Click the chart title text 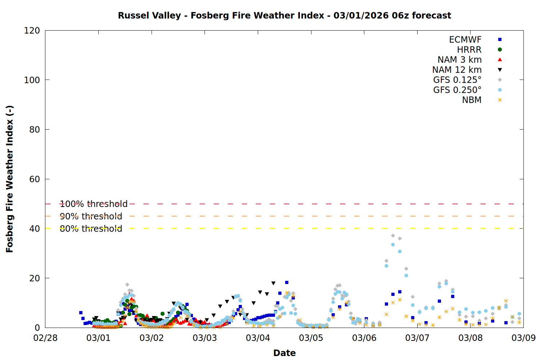(x=284, y=15)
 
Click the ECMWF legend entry (x=465, y=40)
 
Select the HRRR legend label (x=469, y=50)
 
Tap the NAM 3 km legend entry (x=459, y=60)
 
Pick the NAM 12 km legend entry (x=457, y=70)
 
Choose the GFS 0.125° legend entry (x=457, y=80)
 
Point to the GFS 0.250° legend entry (x=457, y=90)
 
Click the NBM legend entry (x=472, y=100)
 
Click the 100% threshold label (x=94, y=204)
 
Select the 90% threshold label (x=91, y=216)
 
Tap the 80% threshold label (x=91, y=229)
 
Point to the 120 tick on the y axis (x=32, y=31)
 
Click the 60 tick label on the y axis (x=35, y=179)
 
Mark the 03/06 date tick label (x=364, y=338)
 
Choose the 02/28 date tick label (x=45, y=338)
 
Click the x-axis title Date (x=284, y=353)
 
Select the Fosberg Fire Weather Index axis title (x=10, y=179)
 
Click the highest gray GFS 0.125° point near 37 (x=393, y=236)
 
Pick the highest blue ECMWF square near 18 (x=287, y=283)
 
